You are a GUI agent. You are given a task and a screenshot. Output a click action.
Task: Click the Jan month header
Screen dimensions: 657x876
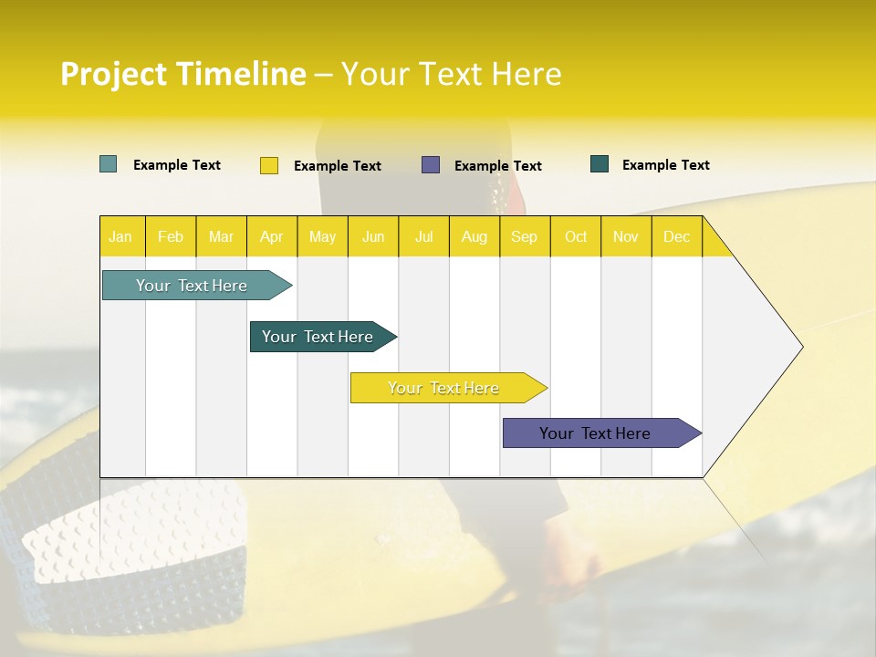pos(120,236)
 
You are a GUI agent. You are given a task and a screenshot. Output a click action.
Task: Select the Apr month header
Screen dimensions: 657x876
pos(272,236)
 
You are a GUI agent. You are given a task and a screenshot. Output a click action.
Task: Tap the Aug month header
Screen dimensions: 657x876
pos(474,236)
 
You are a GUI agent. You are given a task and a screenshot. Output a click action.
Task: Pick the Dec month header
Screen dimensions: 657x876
pos(677,236)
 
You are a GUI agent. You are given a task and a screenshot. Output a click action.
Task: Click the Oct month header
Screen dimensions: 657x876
pos(576,236)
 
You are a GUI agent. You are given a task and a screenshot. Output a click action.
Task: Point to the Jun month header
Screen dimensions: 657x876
pos(373,236)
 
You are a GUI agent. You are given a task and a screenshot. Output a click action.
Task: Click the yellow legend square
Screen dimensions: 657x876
pos(269,165)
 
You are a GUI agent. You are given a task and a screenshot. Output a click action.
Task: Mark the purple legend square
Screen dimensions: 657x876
pos(431,165)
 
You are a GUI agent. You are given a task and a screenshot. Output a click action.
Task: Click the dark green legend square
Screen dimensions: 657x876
pos(600,164)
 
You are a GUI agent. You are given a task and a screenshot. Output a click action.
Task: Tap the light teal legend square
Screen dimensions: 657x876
pos(109,164)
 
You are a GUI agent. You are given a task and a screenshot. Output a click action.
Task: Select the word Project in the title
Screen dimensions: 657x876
pos(114,74)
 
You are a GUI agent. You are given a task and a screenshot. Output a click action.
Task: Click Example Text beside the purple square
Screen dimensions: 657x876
pos(498,166)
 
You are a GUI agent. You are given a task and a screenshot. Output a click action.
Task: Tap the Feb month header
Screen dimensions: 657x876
pos(171,236)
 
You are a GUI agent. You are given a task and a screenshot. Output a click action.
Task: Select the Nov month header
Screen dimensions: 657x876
pos(626,236)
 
